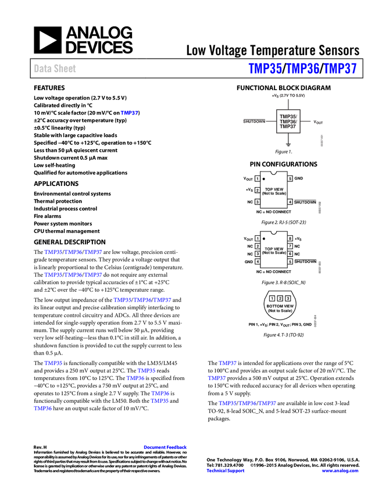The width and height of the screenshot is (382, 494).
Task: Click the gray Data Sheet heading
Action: [55, 69]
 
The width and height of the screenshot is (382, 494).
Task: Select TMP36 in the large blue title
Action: [303, 69]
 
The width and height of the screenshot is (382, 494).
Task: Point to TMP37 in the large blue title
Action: [340, 69]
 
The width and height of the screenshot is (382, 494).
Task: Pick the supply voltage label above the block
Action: [288, 95]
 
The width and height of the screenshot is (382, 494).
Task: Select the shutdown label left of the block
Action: [254, 121]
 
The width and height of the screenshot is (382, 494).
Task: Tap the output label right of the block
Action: [318, 122]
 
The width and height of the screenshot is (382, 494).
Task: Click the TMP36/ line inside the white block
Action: [288, 121]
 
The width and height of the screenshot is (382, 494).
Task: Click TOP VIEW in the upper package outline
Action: [274, 189]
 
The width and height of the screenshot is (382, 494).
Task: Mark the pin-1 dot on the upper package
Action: [264, 179]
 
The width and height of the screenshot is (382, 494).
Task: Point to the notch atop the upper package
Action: [273, 172]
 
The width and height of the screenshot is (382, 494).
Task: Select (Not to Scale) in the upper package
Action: [274, 194]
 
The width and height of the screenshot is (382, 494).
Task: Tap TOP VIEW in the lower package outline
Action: [274, 249]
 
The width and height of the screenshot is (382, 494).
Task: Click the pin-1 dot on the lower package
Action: [264, 238]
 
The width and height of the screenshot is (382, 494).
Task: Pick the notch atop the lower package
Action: [273, 232]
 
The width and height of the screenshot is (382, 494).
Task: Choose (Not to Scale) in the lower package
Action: [274, 253]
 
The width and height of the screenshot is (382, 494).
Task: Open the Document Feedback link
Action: [166, 448]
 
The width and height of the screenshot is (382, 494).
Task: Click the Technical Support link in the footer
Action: [226, 471]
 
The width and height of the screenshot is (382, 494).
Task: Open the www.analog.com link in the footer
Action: [340, 471]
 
